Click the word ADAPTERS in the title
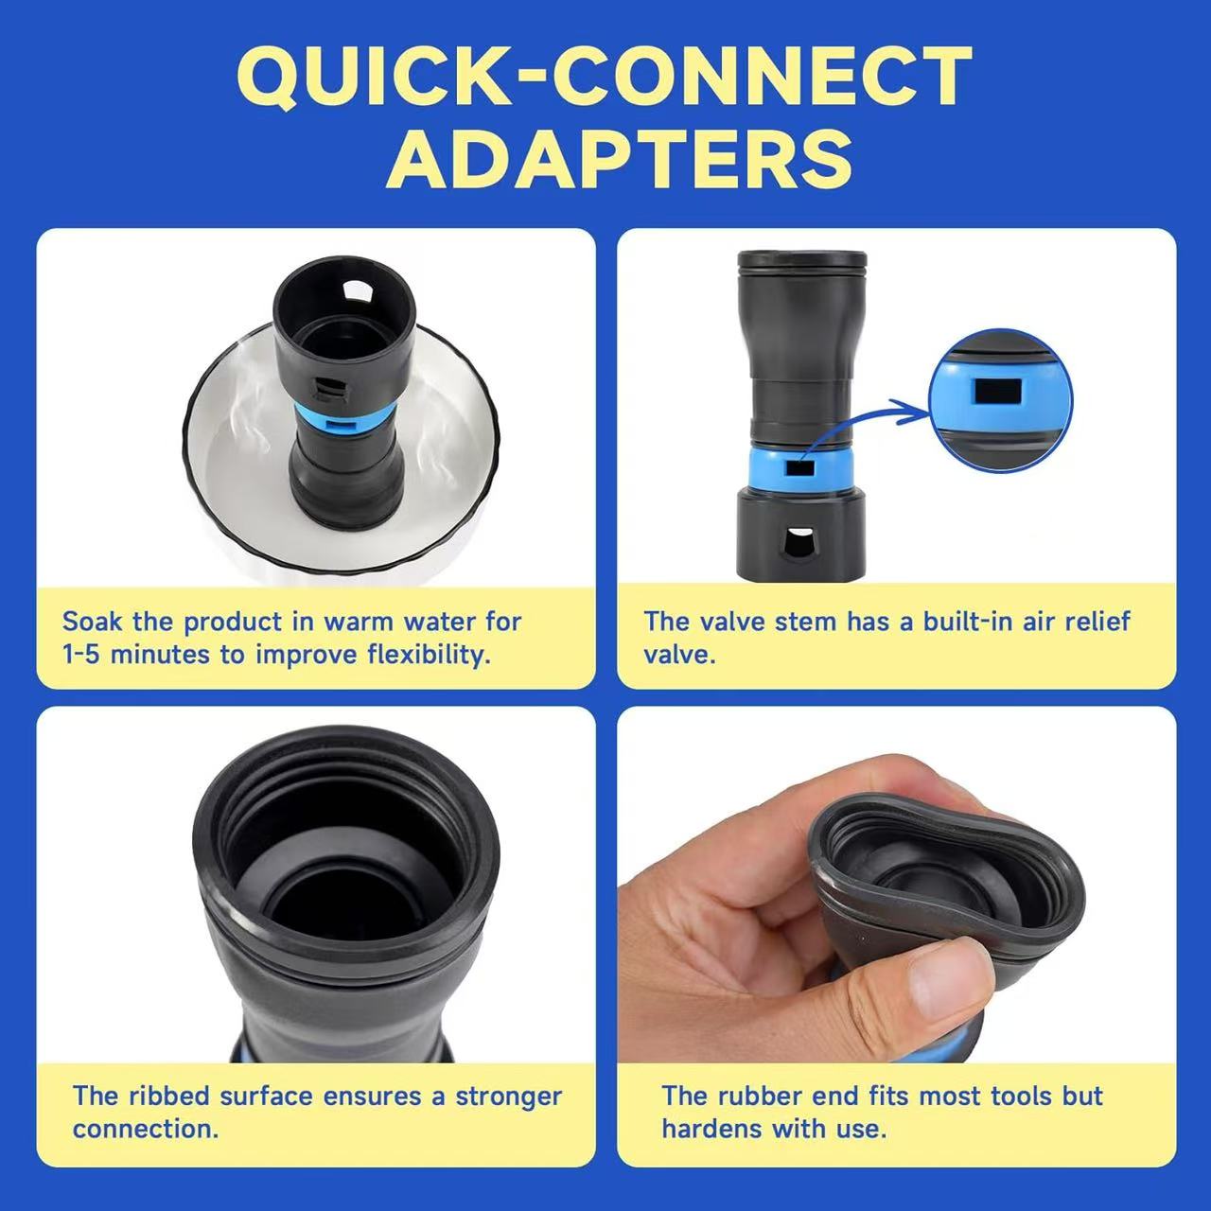point(620,158)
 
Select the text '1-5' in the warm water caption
point(81,655)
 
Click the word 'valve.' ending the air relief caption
point(679,655)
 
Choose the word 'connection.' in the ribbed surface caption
point(145,1130)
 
